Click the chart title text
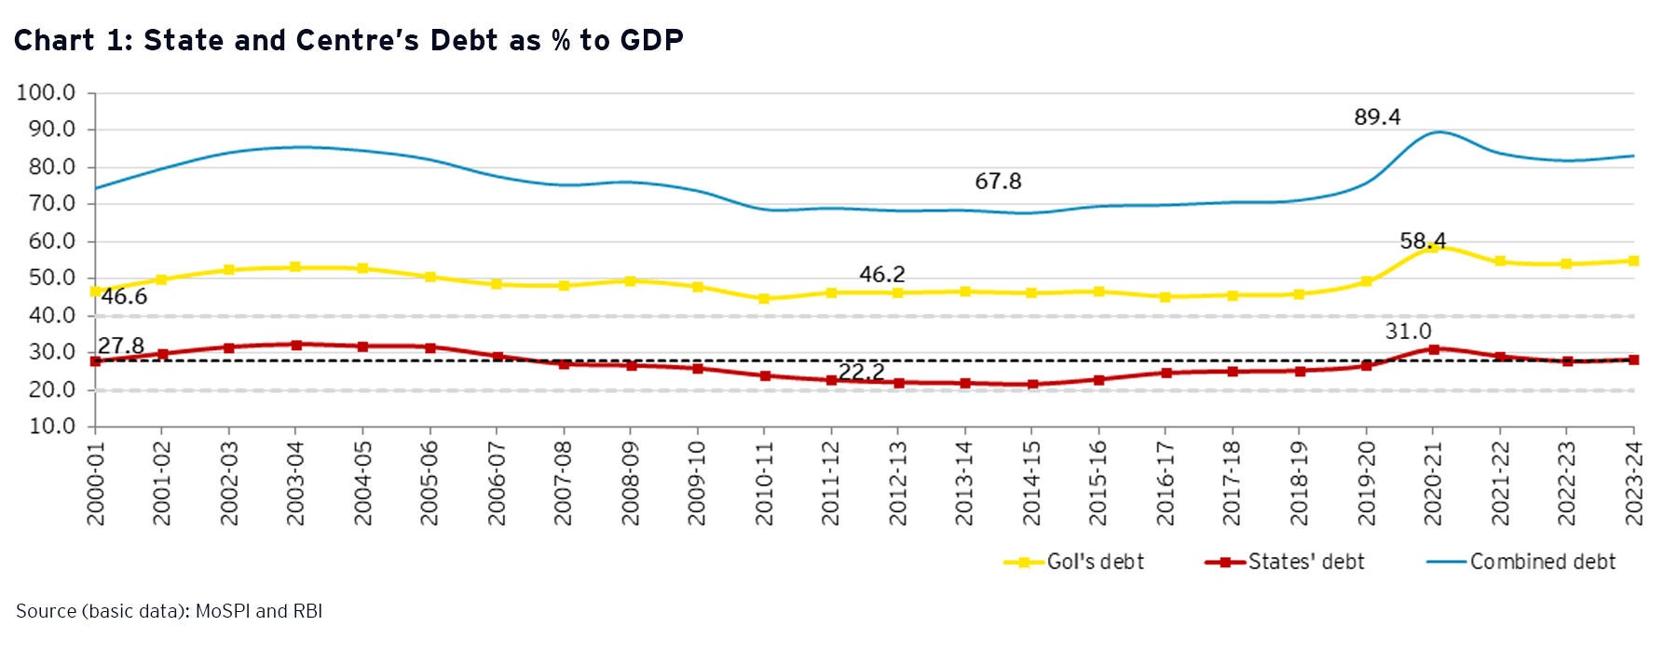tap(348, 40)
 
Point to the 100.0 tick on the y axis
tap(47, 93)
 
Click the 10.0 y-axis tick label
tap(47, 427)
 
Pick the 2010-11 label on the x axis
tap(765, 483)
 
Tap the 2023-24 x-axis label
tap(1634, 483)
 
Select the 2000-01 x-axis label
tap(96, 483)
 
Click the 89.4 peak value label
tap(1377, 117)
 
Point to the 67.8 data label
tap(998, 182)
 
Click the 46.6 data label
tap(124, 297)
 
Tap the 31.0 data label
tap(1408, 332)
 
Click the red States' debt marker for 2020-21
tap(1434, 349)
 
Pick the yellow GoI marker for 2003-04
tap(295, 267)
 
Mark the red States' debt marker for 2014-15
tap(1031, 384)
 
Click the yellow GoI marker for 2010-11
tap(764, 299)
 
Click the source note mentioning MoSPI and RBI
tap(169, 611)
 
